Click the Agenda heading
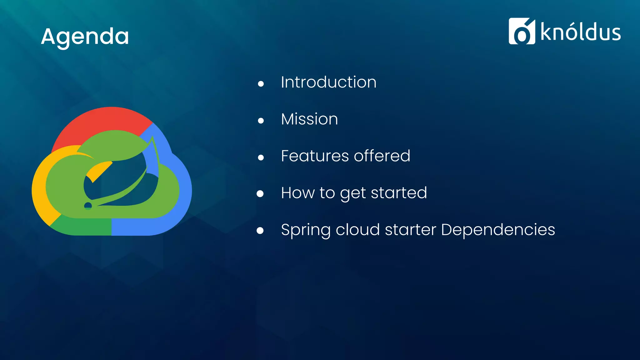point(85,37)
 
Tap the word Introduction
point(328,82)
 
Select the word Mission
point(309,119)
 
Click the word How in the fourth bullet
point(297,193)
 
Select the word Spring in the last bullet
point(306,230)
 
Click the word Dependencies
point(498,230)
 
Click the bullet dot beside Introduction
point(261,84)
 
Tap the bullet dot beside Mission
point(261,121)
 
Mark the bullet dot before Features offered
point(261,157)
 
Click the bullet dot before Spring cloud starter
point(260,231)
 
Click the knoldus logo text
point(580,32)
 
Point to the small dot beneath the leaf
point(88,205)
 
